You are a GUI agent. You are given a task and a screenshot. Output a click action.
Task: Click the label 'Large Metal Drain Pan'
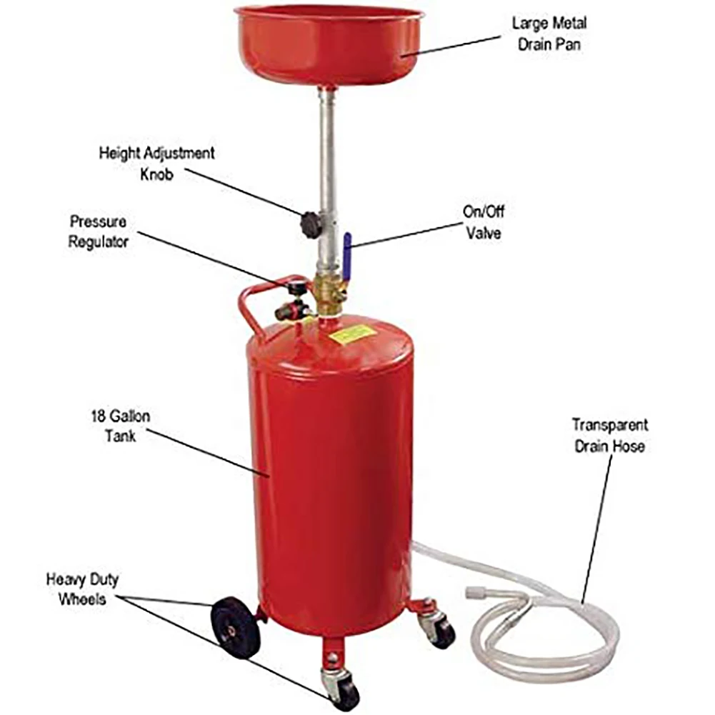tap(549, 33)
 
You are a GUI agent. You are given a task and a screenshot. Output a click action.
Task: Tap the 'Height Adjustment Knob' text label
tap(156, 163)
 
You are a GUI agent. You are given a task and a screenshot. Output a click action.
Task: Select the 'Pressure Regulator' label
tap(99, 231)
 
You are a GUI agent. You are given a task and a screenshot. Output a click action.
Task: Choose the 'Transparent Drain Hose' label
tap(609, 435)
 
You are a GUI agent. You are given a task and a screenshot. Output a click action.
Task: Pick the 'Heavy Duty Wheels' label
tap(82, 589)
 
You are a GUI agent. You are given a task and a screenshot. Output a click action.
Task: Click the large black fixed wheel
tap(233, 625)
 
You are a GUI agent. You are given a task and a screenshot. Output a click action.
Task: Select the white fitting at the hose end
tap(476, 593)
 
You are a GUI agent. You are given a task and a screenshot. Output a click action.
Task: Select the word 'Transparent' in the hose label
tap(609, 425)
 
